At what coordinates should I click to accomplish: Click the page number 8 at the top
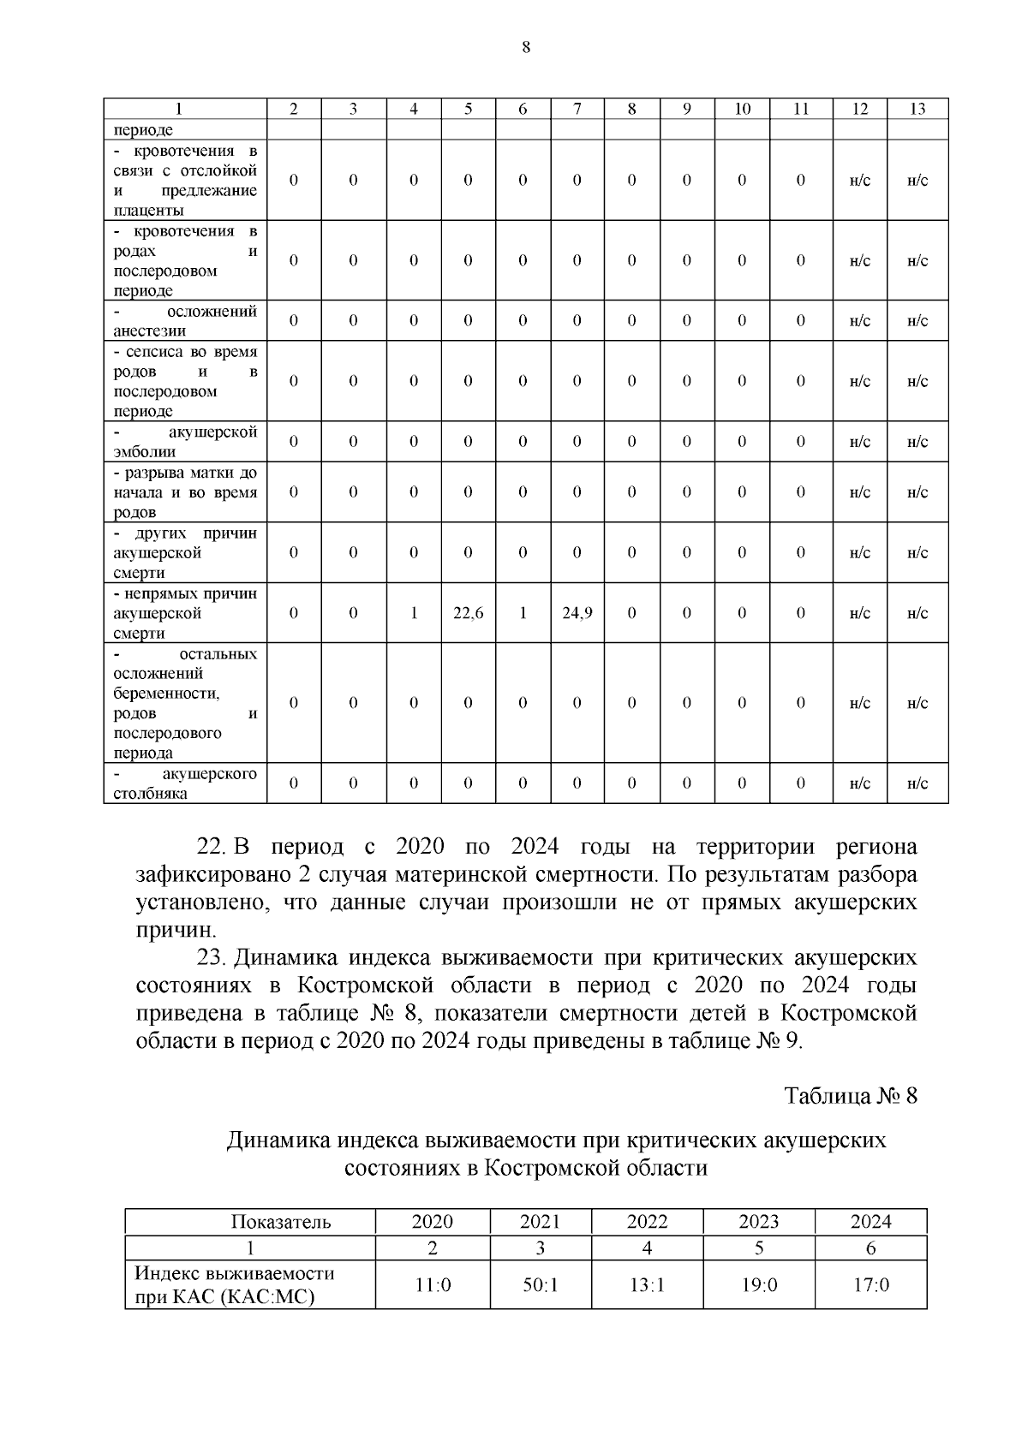(526, 47)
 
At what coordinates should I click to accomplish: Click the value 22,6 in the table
(468, 613)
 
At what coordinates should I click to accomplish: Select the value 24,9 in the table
(577, 613)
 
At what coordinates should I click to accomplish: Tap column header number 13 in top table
(917, 109)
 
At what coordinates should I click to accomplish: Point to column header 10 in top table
(742, 109)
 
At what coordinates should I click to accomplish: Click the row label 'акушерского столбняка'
(185, 783)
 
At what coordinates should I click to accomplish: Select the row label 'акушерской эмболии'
(185, 442)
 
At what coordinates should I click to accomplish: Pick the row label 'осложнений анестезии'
(185, 321)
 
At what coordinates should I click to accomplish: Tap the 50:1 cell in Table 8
(540, 1285)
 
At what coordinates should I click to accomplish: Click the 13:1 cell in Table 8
(647, 1285)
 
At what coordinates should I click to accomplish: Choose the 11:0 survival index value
(433, 1285)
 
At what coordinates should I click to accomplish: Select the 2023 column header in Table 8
(758, 1222)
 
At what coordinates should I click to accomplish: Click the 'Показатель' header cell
(280, 1222)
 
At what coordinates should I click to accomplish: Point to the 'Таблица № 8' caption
(851, 1096)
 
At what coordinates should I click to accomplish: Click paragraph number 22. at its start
(210, 848)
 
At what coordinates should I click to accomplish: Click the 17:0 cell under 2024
(870, 1285)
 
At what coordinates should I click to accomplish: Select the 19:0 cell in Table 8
(758, 1285)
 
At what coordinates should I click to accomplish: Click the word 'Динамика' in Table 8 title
(278, 1141)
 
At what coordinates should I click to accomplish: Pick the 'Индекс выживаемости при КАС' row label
(234, 1285)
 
